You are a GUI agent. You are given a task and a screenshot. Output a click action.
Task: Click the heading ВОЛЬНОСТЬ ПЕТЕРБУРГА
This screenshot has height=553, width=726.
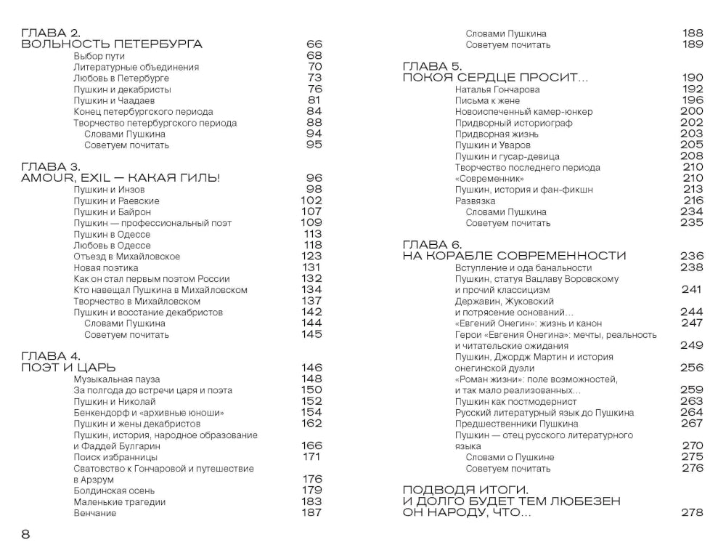coord(112,44)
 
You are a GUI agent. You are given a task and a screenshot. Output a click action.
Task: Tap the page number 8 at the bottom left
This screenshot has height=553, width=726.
coord(25,535)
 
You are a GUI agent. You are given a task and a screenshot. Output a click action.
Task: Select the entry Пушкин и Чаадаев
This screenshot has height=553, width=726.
coord(115,100)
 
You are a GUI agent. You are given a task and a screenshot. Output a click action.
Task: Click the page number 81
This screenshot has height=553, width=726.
coord(314,100)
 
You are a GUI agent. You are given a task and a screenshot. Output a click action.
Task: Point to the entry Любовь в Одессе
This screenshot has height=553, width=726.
coord(112,246)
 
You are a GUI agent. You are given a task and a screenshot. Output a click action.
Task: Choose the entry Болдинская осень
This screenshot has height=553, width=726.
coord(113,491)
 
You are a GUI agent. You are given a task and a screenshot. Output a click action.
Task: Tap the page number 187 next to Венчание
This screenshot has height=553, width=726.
coord(311,513)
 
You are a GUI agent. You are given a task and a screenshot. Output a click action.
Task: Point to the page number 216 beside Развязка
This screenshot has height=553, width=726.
coord(693,201)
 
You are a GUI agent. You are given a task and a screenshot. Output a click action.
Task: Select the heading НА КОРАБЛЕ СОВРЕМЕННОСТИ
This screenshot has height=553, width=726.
coord(514,256)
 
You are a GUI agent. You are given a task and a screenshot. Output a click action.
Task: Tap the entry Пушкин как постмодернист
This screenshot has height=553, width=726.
coord(515,401)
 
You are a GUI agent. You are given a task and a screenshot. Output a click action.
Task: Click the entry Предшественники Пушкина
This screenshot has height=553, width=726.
coord(516,424)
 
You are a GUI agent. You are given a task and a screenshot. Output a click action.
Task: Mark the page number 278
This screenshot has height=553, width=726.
coord(693,513)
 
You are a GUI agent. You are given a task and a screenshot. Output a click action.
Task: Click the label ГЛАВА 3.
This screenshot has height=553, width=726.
coord(51,166)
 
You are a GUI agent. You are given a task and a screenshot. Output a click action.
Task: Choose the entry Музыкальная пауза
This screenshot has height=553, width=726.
coord(117,379)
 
